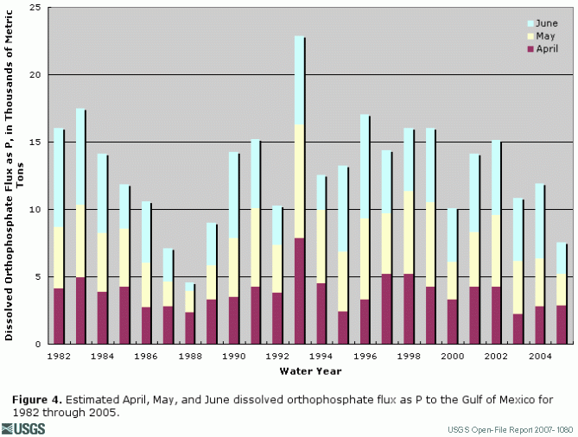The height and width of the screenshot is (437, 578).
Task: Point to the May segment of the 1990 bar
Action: point(233,267)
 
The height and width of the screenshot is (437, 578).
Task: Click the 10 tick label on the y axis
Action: point(36,210)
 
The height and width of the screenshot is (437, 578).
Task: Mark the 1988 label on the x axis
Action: point(189,356)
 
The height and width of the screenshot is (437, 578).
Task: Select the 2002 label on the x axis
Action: point(496,356)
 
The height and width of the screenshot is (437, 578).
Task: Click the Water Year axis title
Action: point(310,371)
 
